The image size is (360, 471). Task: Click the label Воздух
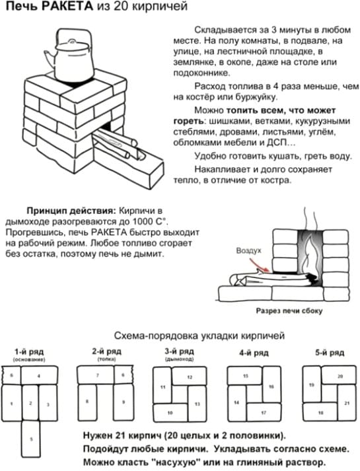point(248,252)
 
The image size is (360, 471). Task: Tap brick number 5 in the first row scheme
point(30,438)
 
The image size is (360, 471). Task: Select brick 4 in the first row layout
point(38,376)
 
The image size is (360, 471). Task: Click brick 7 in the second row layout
point(96,375)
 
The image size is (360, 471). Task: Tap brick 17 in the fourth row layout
point(262,413)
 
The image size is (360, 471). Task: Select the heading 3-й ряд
point(179,351)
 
